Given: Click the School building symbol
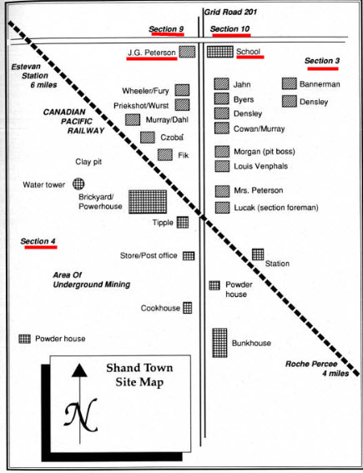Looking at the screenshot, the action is [220, 52].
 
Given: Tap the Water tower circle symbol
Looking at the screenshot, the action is [78, 184].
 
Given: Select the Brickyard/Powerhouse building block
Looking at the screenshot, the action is [148, 202].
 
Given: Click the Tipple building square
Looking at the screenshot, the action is [183, 223].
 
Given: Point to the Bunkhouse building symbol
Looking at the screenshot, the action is [219, 343].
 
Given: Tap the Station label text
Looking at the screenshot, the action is [277, 264].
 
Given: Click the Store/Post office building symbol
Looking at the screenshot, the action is [189, 256].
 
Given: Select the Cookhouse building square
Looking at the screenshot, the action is [188, 308].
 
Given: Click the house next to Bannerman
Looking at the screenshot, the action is [290, 83].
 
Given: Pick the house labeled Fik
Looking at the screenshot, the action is [165, 155].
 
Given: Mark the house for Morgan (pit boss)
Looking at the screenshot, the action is [222, 152].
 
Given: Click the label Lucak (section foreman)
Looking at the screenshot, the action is [276, 208].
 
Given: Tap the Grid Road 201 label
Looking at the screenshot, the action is [230, 12].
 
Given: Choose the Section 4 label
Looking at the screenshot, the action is [38, 241].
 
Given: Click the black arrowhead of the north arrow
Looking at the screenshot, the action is [79, 370].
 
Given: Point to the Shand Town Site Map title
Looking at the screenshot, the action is [139, 375].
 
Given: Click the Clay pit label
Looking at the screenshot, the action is [88, 162].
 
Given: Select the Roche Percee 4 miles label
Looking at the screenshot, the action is [317, 369].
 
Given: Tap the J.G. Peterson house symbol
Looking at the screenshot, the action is [187, 52].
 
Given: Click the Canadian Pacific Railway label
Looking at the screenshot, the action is [73, 121].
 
